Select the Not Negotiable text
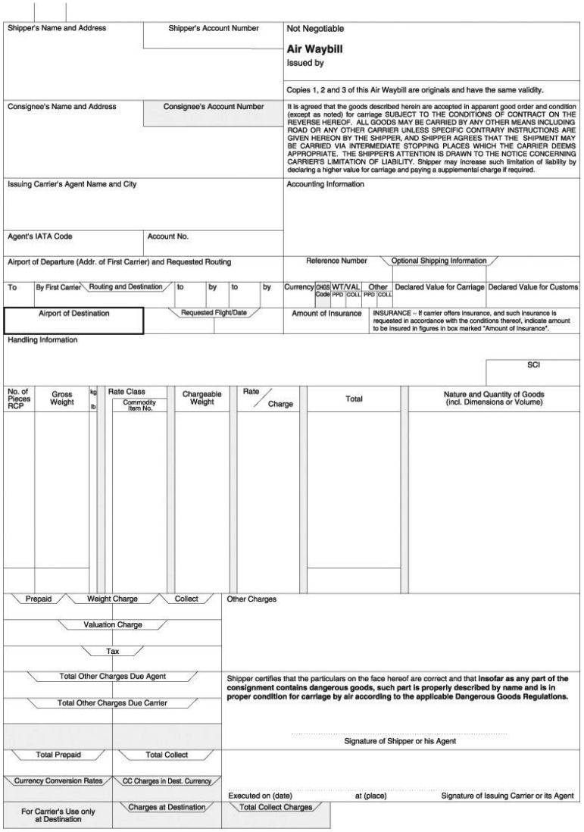pos(315,29)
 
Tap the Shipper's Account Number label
pos(214,29)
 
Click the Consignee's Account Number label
pos(214,106)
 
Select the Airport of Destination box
pos(73,319)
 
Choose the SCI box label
pos(532,364)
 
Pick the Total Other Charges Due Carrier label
pos(112,702)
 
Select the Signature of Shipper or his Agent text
pos(400,741)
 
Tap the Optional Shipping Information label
pos(439,261)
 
